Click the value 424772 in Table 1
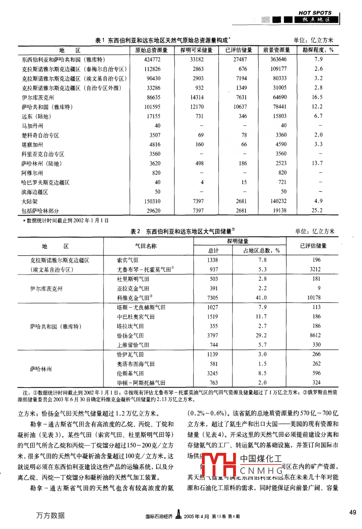click(x=152, y=59)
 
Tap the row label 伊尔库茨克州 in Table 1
click(x=38, y=97)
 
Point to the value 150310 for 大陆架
click(x=152, y=201)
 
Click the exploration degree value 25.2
click(x=317, y=210)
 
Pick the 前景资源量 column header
click(x=277, y=50)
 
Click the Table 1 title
click(x=163, y=40)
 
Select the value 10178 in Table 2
click(x=316, y=298)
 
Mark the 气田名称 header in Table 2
click(x=146, y=246)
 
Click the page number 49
click(x=352, y=512)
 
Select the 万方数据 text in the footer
click(x=50, y=515)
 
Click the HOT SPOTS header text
click(x=316, y=13)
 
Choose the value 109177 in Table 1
click(x=277, y=69)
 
